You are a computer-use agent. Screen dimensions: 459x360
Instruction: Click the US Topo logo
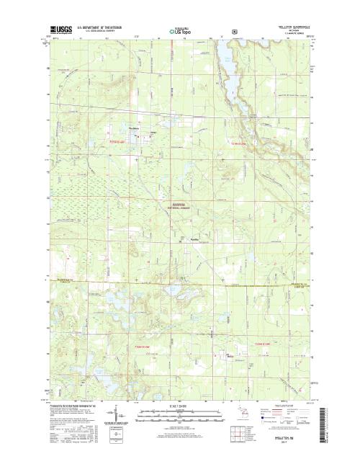pyautogui.click(x=180, y=32)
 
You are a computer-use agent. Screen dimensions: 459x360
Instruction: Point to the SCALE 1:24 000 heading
pyautogui.click(x=180, y=405)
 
